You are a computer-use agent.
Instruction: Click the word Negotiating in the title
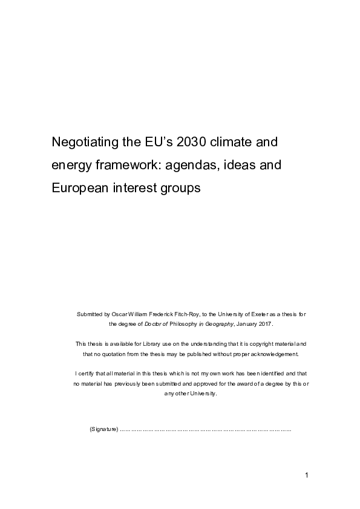pyautogui.click(x=84, y=143)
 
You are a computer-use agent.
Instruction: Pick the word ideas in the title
pyautogui.click(x=237, y=165)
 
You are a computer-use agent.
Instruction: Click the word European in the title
pyautogui.click(x=80, y=187)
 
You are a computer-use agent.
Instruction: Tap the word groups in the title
pyautogui.click(x=178, y=187)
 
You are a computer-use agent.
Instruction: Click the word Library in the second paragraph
pyautogui.click(x=132, y=343)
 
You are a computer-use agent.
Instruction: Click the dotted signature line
pyautogui.click(x=206, y=429)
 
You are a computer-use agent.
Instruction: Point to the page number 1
pyautogui.click(x=307, y=476)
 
